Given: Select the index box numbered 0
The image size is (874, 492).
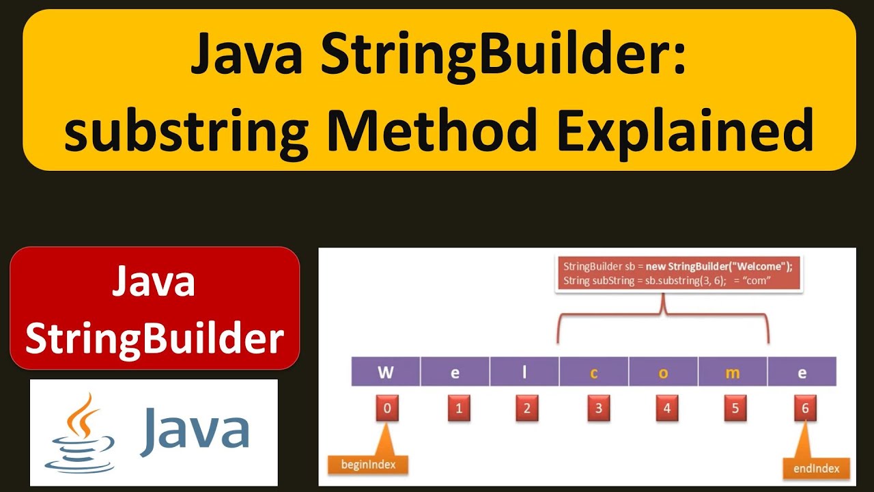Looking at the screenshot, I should coord(387,409).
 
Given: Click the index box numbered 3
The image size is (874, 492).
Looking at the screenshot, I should coord(598,409).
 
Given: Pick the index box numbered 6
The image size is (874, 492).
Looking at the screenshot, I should coord(805,409).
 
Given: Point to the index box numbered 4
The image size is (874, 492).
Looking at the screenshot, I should coord(666,409).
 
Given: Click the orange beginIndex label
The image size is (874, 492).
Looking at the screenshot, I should coord(368,465).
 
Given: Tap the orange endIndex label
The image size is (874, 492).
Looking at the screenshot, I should coord(811,469).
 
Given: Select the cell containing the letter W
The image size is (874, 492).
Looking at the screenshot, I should coord(386,373).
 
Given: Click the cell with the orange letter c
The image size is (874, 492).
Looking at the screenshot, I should coord(594,373).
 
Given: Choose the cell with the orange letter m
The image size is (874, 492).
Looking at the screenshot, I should coord(733,373).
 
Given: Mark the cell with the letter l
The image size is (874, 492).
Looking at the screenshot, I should coord(524,373).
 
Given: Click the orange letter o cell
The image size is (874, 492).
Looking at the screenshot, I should coord(663,373).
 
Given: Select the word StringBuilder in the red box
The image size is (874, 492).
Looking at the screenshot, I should coord(155,338).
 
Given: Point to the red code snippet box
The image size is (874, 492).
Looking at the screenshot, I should coord(679,273).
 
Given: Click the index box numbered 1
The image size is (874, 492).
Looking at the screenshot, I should coord(459,409).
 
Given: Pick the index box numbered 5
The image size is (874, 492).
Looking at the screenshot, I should coord(735,409).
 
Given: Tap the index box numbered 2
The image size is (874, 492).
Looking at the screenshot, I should coord(526,409).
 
